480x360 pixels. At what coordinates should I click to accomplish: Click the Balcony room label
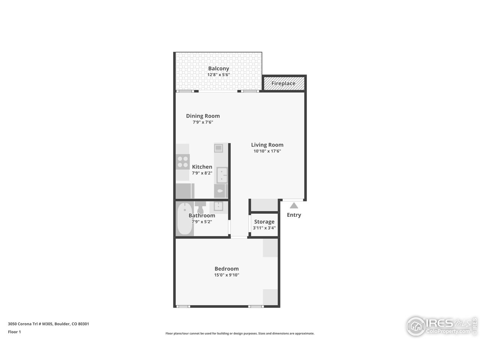pos(218,69)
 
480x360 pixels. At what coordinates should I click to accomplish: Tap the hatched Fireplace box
pos(283,83)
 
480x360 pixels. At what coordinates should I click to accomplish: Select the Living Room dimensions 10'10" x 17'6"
pos(267,151)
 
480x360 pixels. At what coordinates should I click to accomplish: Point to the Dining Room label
pos(203,116)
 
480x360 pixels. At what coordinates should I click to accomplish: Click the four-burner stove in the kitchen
pos(183,162)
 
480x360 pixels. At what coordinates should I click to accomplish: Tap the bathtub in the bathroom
pos(184,219)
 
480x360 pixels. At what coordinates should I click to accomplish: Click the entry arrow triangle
pos(294,205)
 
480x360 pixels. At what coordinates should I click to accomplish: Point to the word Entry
pos(294,215)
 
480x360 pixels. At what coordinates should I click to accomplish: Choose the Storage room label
pos(264,222)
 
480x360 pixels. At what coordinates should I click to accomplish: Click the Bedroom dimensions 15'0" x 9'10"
pos(226,275)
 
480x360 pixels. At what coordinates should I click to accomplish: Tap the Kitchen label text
pos(202,167)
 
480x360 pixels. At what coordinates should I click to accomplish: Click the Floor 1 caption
pos(14,332)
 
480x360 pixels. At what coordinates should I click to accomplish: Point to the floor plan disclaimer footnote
pos(240,333)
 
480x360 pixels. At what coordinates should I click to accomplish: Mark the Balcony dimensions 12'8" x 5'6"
pos(218,75)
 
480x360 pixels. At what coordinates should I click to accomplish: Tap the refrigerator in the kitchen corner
pos(185,190)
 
